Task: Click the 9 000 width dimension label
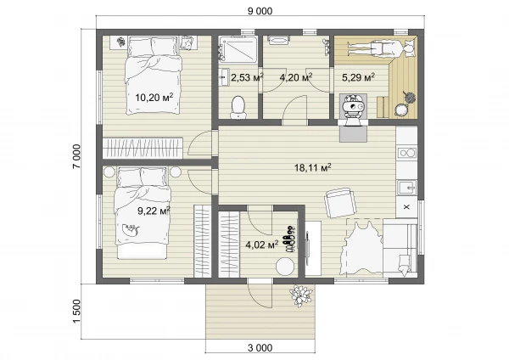click(260, 11)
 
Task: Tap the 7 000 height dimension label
click(76, 156)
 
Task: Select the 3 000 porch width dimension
click(260, 348)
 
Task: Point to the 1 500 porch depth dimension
click(76, 312)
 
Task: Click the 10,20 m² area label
click(154, 97)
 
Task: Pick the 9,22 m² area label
click(154, 211)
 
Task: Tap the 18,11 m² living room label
click(312, 167)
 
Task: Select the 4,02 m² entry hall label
click(262, 245)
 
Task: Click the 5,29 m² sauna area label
click(358, 77)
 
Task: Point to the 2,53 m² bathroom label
click(247, 77)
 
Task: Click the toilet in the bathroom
click(238, 107)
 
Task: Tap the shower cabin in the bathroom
click(238, 48)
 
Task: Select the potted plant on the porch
click(301, 295)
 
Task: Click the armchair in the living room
click(340, 203)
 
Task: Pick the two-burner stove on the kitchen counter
click(407, 153)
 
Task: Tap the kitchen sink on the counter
click(406, 188)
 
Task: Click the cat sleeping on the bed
click(131, 230)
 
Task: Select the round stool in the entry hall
click(285, 267)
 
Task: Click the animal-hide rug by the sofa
click(363, 248)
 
